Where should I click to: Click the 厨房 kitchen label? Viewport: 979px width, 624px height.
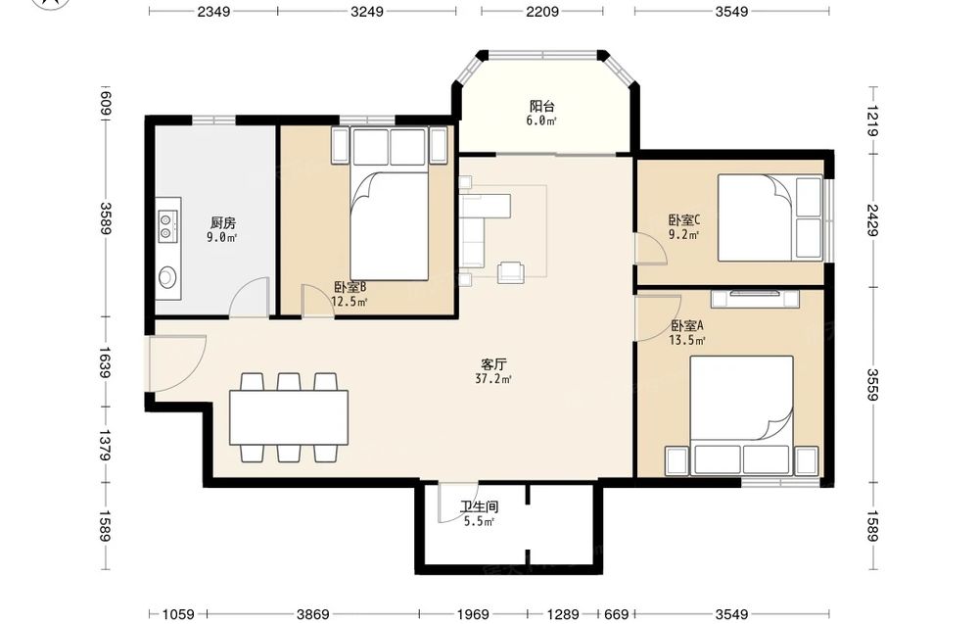223,222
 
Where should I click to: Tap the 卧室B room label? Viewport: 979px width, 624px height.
350,287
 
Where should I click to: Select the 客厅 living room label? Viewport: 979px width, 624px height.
493,364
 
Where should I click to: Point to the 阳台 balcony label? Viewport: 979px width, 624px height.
541,106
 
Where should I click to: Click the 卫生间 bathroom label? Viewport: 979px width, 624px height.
479,506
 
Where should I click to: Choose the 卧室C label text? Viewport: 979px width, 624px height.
684,219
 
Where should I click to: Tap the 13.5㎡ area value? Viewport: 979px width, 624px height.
687,341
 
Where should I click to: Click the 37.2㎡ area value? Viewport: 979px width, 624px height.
493,378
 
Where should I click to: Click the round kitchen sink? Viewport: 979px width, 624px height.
167,276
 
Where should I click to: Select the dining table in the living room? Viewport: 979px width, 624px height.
289,417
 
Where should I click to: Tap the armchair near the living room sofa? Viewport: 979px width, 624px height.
511,271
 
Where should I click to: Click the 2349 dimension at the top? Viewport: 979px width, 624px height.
213,11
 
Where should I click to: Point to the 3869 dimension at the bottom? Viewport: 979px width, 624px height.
312,614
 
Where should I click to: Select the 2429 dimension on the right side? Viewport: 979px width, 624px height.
872,220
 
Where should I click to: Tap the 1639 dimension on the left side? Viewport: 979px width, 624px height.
105,362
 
